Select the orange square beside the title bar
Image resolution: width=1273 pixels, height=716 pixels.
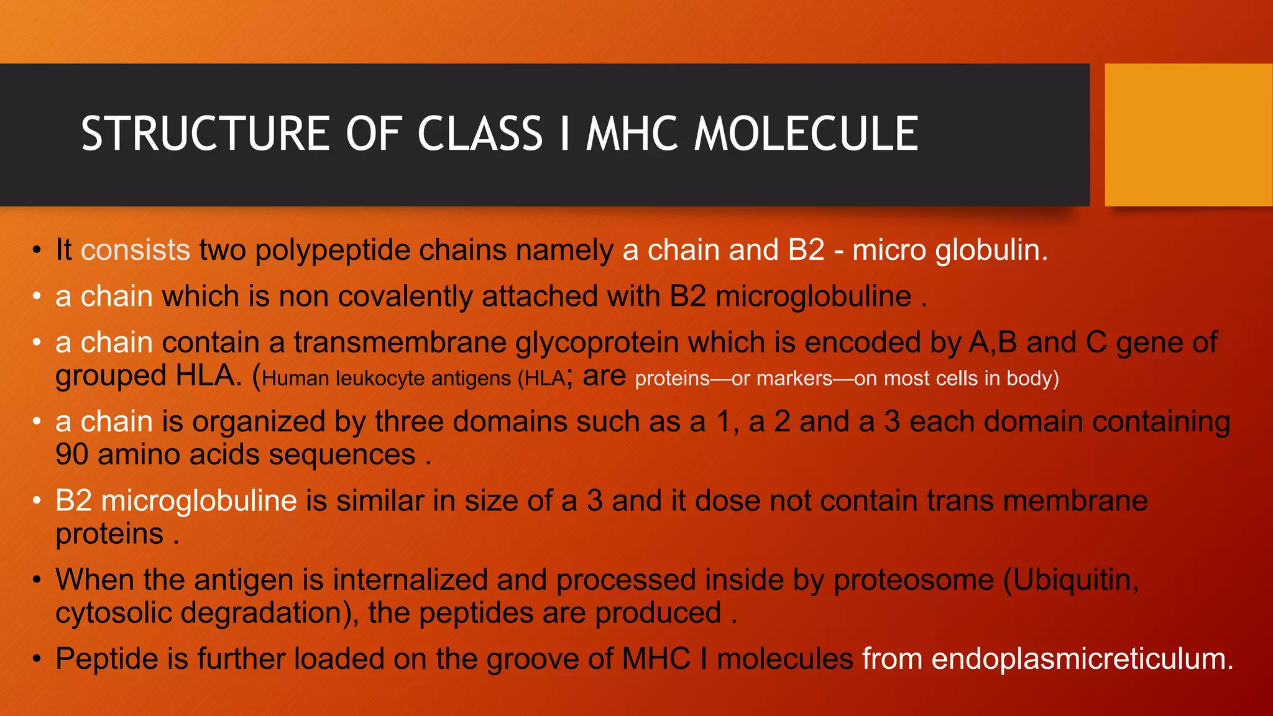point(1188,134)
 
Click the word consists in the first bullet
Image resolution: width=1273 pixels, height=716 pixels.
point(135,250)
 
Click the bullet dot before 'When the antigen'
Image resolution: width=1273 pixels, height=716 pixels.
point(37,580)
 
